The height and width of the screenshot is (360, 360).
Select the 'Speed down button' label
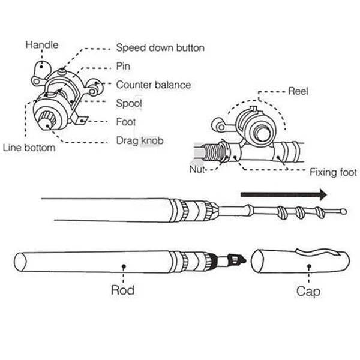[160, 47]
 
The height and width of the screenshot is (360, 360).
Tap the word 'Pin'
[123, 66]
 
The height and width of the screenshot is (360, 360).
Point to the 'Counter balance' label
[153, 85]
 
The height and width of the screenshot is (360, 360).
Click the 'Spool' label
[129, 103]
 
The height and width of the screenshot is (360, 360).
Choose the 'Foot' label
[126, 122]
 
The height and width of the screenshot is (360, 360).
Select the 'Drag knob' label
[139, 140]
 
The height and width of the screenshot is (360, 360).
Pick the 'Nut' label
[197, 170]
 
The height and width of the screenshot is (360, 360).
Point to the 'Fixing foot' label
[333, 173]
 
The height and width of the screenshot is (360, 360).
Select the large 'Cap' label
[308, 292]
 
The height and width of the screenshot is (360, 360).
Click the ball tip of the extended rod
[343, 211]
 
